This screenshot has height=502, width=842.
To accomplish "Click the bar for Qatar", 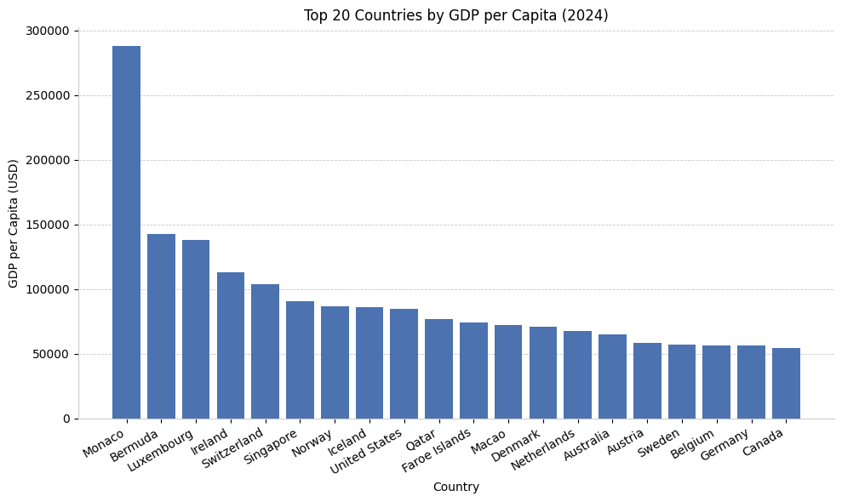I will (x=438, y=368).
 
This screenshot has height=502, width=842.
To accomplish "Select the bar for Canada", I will (x=786, y=383).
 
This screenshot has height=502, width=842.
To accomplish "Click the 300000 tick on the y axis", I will (x=48, y=31).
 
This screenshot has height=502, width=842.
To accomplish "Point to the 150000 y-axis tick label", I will (x=48, y=225).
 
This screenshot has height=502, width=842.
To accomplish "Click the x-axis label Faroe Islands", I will (x=437, y=450).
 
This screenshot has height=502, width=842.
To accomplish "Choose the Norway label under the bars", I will (x=313, y=442).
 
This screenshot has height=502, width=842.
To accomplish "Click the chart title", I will (x=456, y=15).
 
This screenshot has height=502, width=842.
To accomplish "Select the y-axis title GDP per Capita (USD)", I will (x=14, y=223).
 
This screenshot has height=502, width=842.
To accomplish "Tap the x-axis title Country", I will (x=456, y=488).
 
